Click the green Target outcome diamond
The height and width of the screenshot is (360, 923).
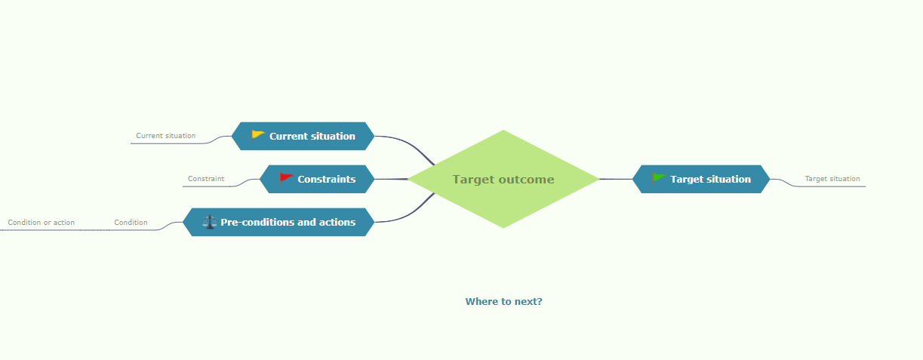[503, 179]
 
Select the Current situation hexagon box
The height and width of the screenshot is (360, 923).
[303, 136]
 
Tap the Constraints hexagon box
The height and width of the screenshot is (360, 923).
[317, 179]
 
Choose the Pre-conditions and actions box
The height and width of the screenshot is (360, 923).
[278, 222]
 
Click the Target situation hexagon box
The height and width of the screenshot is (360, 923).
[701, 179]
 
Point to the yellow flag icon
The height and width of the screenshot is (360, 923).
[257, 136]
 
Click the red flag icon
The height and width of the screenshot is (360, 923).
[285, 178]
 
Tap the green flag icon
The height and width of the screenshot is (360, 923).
[658, 178]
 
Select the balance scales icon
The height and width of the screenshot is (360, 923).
[209, 222]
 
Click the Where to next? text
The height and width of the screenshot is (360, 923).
[503, 302]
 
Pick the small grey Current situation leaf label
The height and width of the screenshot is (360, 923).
[165, 136]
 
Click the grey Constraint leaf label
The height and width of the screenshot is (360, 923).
[206, 179]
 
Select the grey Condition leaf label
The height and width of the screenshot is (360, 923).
[131, 223]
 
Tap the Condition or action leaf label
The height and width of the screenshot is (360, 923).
[42, 223]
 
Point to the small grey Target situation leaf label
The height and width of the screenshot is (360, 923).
[832, 179]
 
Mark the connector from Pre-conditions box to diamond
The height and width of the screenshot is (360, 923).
[408, 214]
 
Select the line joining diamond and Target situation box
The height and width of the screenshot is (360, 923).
[616, 179]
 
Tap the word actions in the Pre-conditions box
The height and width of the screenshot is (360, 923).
[337, 222]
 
